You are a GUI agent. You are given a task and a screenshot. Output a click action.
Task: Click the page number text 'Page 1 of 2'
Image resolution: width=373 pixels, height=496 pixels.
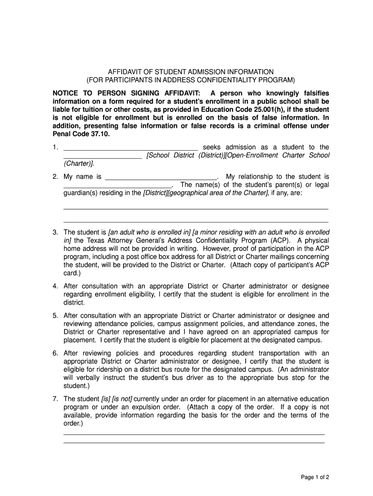point(315,477)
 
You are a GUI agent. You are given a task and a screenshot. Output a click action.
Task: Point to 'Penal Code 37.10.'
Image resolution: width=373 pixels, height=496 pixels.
point(81,134)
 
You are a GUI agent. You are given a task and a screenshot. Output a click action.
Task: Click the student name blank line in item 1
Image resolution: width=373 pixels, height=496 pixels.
point(131,148)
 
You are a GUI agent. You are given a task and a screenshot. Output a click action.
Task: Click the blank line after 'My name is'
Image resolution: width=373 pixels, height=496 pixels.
point(161,177)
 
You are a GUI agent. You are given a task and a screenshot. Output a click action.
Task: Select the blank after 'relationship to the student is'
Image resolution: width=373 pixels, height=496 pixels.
point(118,186)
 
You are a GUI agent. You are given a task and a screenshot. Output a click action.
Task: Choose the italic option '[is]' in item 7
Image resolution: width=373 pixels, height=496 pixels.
point(105,399)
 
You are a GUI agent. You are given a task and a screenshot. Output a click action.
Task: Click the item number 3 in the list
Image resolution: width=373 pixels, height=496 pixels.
point(56,232)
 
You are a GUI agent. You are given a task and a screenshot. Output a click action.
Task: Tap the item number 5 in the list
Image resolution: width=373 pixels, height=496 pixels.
point(56,315)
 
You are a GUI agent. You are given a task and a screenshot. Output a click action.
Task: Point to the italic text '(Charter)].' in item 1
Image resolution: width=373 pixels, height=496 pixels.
point(79,164)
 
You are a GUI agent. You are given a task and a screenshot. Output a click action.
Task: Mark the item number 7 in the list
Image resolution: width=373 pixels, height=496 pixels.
point(56,399)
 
